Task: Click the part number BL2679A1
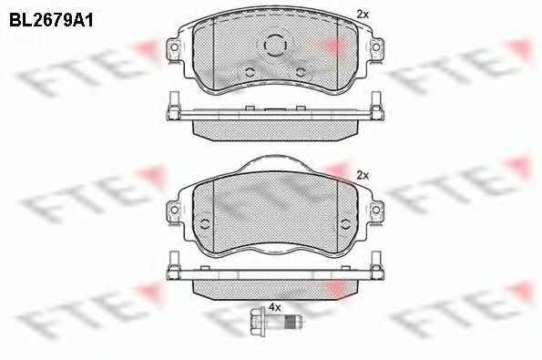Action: (x=51, y=21)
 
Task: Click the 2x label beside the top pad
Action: (x=363, y=15)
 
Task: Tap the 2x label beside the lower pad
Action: (x=363, y=176)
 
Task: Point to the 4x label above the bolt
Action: (x=275, y=307)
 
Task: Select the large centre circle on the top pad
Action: (x=275, y=45)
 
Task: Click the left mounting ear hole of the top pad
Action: (x=175, y=46)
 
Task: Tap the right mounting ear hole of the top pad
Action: (x=375, y=46)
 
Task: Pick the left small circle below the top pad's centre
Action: (x=250, y=72)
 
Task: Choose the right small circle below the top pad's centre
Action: (x=302, y=72)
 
